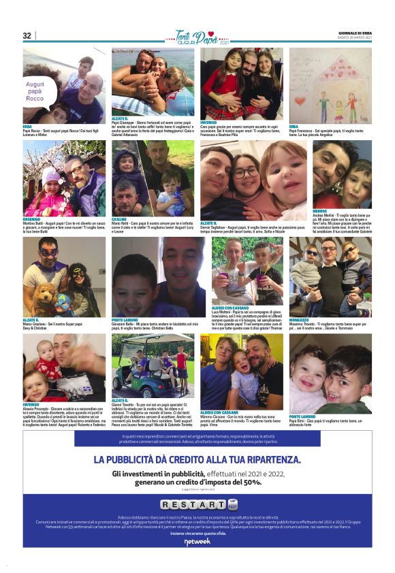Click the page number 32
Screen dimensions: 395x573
coord(27,36)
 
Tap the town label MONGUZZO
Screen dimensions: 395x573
coord(302,319)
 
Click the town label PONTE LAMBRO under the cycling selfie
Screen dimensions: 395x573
coord(127,319)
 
